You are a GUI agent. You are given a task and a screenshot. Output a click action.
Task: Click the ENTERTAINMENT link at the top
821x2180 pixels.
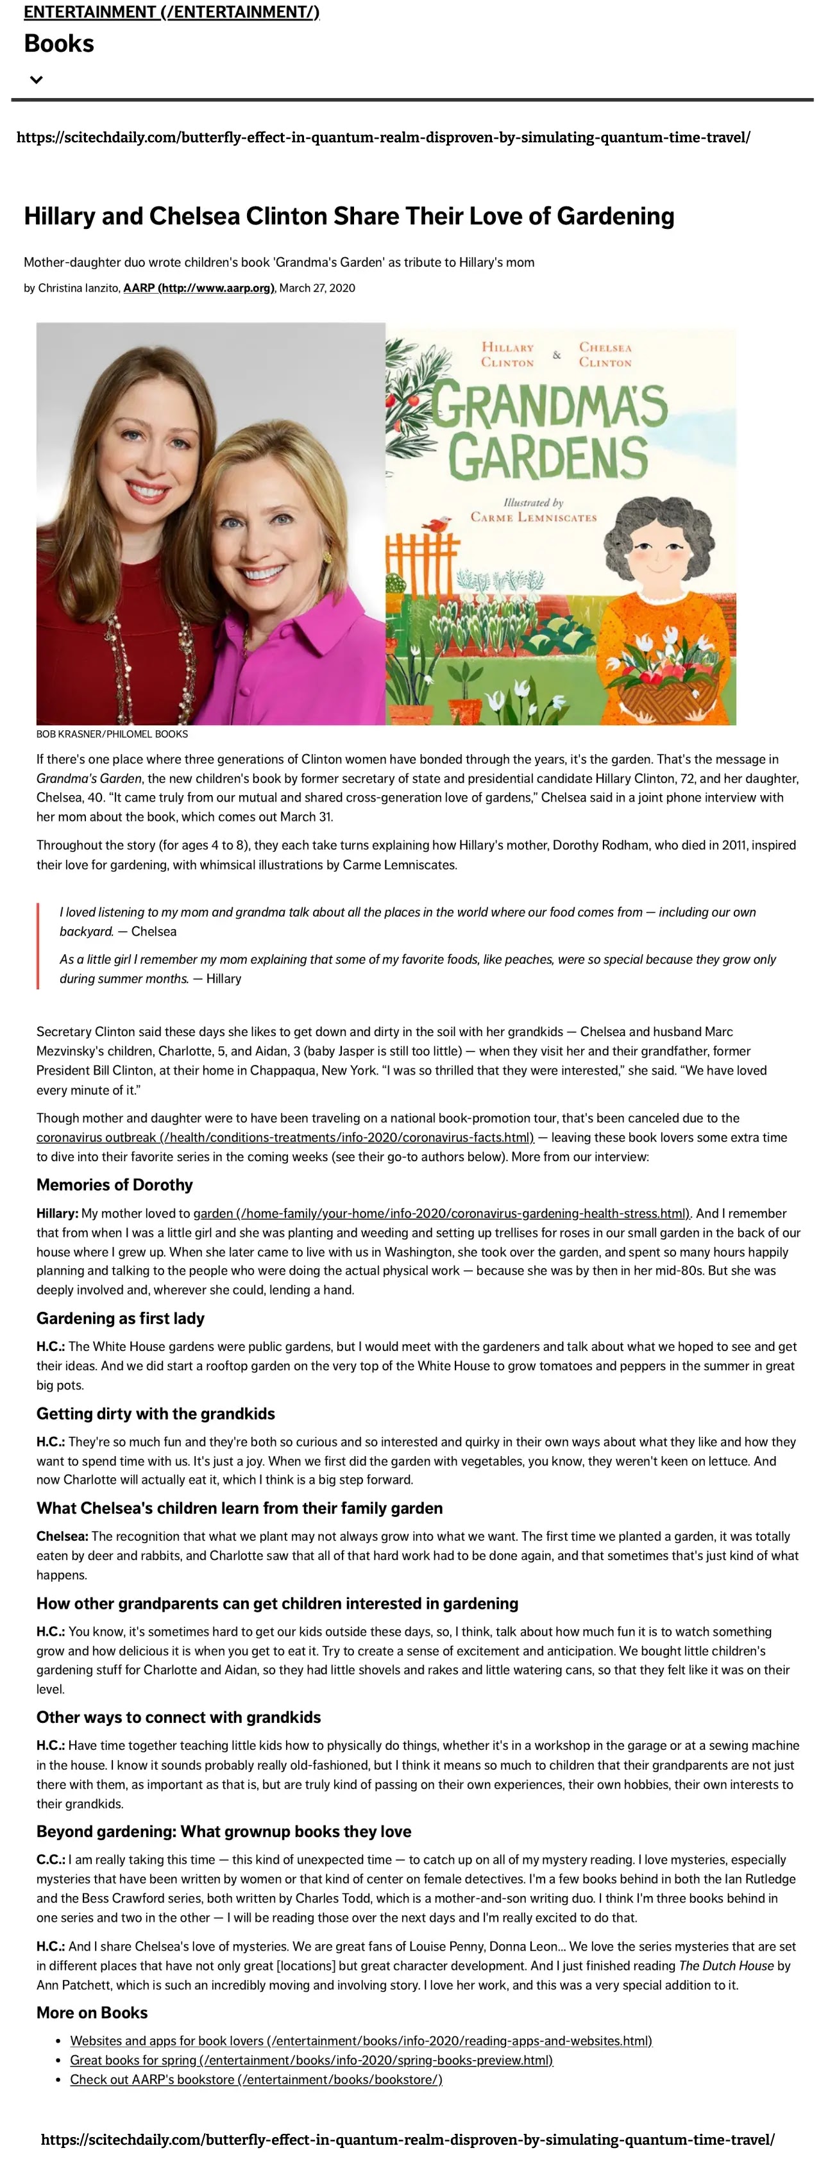171,12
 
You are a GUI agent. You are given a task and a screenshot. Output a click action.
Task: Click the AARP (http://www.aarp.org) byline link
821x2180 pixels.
199,288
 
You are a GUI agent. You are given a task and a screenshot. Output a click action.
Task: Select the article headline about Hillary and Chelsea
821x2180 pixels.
349,217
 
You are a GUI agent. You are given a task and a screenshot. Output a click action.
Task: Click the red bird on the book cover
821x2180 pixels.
437,524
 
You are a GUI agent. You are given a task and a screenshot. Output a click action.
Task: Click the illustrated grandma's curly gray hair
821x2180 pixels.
652,524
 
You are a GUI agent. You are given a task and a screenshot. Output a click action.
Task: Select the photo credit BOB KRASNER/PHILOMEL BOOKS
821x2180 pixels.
112,734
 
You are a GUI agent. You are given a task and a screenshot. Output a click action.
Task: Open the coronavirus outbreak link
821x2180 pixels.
284,1137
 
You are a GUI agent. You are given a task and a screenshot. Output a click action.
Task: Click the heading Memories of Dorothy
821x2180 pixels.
114,1185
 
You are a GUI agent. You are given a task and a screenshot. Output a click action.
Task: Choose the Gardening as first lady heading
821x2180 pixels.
120,1318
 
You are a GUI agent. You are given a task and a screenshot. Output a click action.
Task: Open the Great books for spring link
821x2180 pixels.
312,2060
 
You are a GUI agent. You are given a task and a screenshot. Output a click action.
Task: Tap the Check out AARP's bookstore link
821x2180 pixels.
256,2079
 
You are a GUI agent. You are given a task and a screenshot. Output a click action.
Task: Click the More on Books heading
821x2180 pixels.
92,2013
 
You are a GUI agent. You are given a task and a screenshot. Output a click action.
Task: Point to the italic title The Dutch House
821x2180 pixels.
726,1966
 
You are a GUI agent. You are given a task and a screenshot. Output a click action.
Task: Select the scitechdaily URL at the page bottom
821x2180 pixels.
407,2140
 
